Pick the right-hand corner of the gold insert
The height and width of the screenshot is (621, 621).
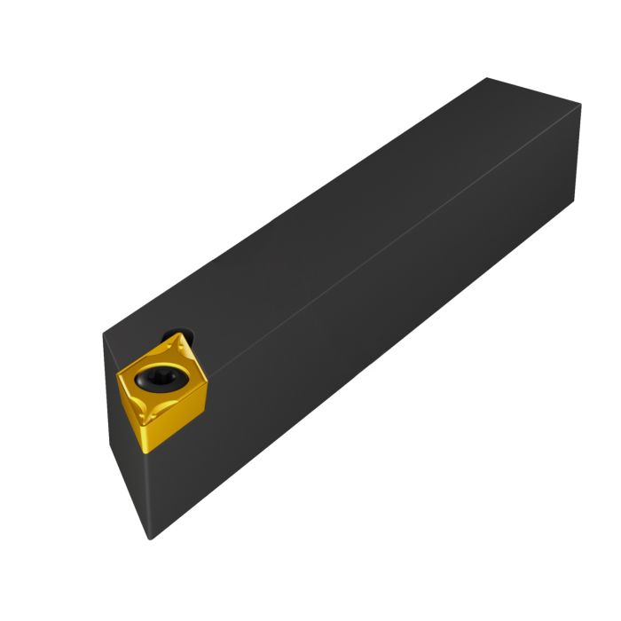point(209,385)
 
